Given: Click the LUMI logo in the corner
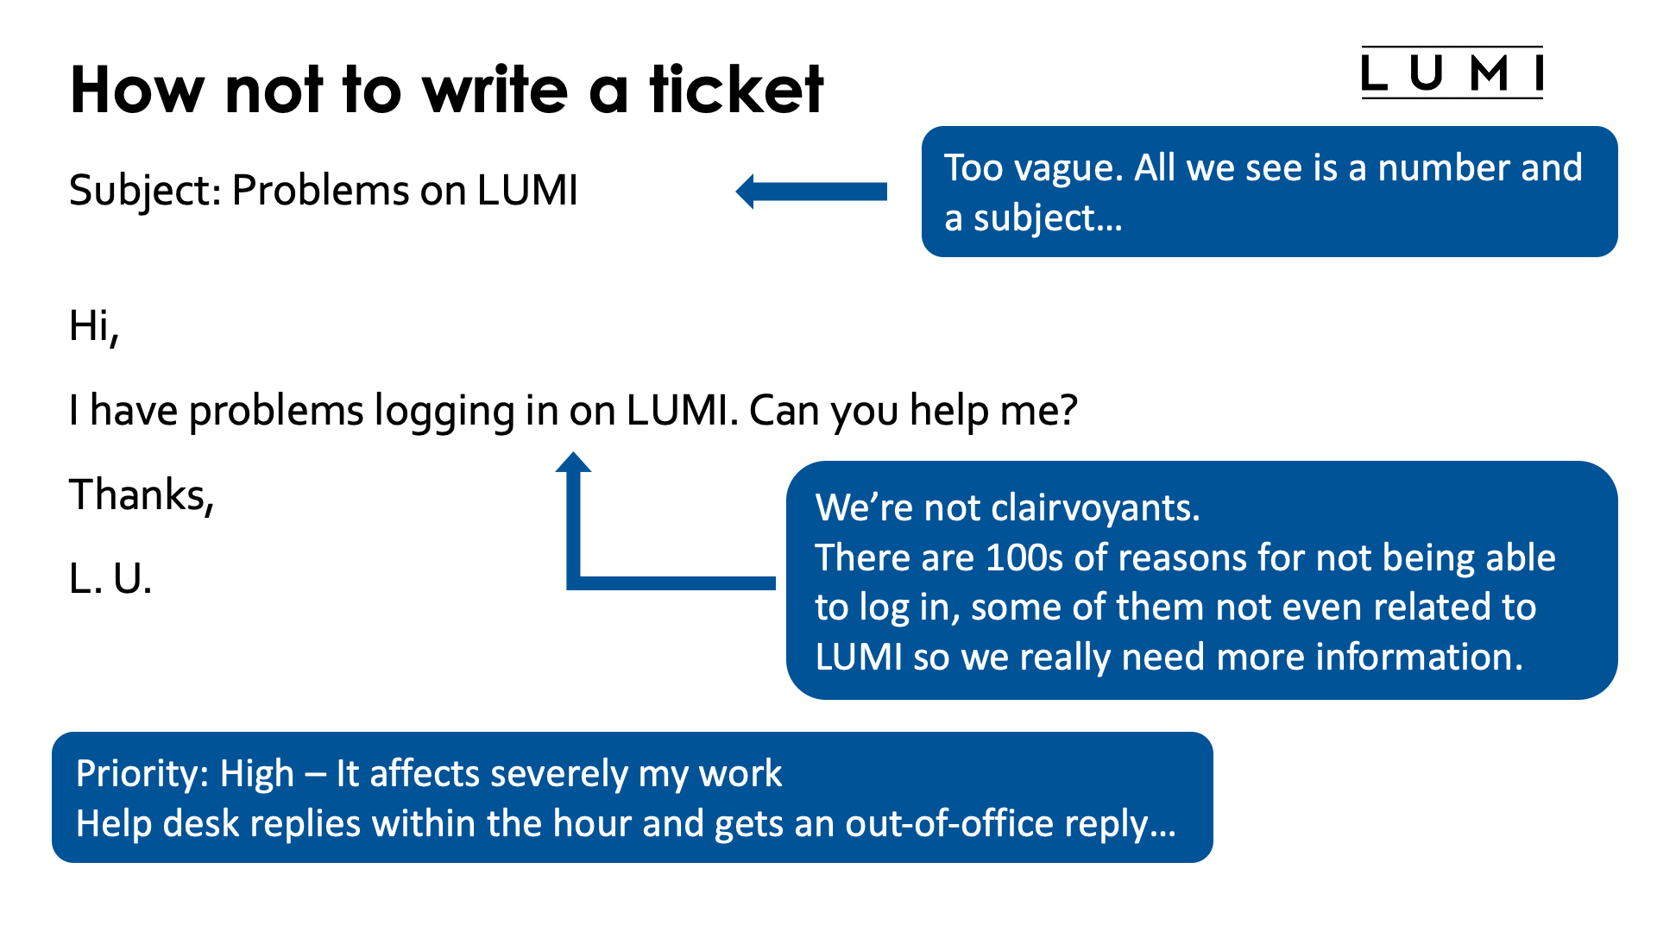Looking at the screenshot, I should [1452, 73].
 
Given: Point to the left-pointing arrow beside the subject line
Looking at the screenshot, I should [810, 192].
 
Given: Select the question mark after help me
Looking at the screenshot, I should [1068, 410].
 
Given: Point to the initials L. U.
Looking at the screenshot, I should [110, 579].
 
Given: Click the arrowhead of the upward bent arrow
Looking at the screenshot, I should [573, 463].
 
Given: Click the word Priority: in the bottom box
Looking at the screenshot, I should [142, 774].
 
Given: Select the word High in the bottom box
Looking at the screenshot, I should [256, 774].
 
